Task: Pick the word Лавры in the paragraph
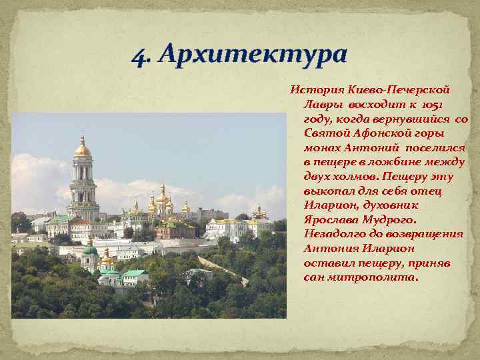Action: click(x=323, y=104)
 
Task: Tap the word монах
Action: click(x=322, y=147)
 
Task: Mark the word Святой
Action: click(x=324, y=133)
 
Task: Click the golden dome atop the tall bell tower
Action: click(x=83, y=149)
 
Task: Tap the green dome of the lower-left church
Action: click(x=90, y=251)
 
